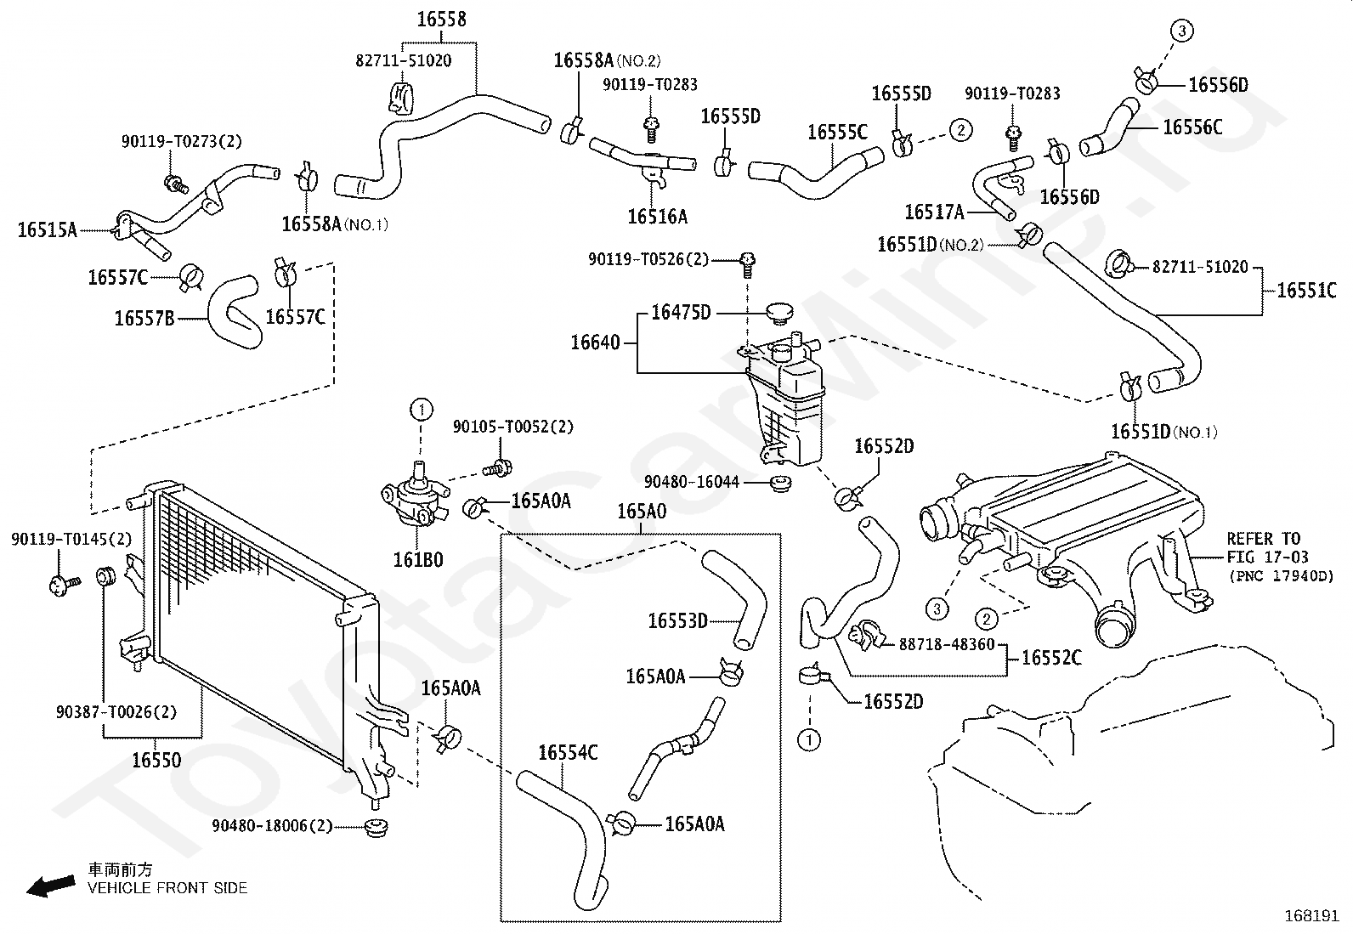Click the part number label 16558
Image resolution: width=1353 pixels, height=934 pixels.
click(441, 19)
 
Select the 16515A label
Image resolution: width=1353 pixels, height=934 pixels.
click(48, 229)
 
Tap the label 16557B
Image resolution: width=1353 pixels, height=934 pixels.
click(144, 319)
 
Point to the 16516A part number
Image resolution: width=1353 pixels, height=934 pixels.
click(657, 217)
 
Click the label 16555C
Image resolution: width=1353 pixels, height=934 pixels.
click(837, 132)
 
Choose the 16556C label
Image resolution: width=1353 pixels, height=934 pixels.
click(1192, 127)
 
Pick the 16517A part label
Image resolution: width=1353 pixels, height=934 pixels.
click(934, 212)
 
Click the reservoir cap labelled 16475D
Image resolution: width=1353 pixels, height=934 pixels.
click(779, 313)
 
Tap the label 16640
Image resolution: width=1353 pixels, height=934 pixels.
click(595, 342)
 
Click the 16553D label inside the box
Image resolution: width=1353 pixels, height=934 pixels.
click(677, 621)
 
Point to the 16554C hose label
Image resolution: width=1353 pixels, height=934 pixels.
click(568, 753)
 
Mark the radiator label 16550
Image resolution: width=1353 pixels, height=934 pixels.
click(156, 760)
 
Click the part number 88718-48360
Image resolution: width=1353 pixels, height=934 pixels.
click(946, 644)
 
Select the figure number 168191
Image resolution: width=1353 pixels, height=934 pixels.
click(1311, 916)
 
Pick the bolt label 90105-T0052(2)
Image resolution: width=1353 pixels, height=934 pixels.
click(512, 427)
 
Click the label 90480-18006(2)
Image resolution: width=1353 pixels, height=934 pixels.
click(272, 825)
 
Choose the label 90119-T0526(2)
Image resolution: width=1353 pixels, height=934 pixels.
click(648, 259)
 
